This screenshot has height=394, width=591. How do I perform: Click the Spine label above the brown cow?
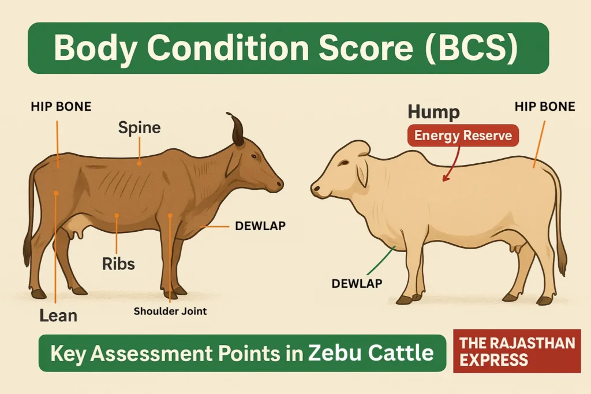(140, 127)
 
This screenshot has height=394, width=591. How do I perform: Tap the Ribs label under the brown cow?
(118, 264)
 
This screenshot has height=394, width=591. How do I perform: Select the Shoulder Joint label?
(170, 311)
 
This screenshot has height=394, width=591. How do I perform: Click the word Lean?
(58, 316)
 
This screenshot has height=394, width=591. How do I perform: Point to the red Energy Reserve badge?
(463, 135)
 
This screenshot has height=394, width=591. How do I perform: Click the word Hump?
(434, 112)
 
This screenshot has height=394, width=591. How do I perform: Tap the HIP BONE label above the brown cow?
(61, 106)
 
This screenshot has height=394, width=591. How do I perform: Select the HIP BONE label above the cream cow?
(545, 106)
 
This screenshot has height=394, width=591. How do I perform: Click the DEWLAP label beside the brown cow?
(260, 226)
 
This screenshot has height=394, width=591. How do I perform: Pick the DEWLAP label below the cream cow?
(357, 283)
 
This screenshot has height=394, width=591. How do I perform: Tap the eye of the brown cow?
(254, 156)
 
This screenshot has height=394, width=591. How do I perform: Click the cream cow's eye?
(343, 163)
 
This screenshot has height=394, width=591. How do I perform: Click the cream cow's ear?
(362, 171)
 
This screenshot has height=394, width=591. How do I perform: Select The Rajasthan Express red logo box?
(517, 351)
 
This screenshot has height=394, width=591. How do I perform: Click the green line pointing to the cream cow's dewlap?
(381, 261)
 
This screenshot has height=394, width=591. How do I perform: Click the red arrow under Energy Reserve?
(452, 164)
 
